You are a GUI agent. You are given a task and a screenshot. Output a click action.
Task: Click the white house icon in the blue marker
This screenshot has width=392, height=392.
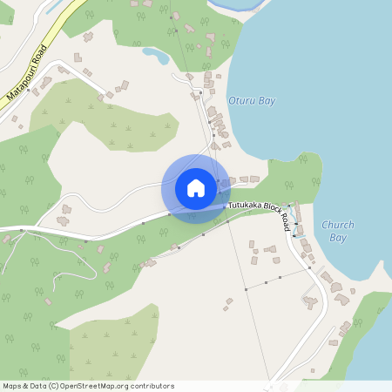click(196, 188)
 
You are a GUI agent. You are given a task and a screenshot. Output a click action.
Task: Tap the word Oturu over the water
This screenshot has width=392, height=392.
click(241, 101)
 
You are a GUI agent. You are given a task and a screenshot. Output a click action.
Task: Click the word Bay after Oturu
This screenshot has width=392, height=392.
click(267, 101)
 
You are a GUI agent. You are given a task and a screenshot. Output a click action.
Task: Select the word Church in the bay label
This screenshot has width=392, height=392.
click(338, 225)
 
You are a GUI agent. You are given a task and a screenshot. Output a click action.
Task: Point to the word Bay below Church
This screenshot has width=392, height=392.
click(338, 237)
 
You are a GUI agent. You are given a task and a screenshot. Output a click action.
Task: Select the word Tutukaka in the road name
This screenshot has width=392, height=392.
click(247, 206)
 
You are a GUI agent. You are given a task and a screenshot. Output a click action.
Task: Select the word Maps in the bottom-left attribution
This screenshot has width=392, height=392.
click(12, 386)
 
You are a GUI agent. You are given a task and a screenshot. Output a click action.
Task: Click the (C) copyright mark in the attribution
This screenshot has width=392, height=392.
click(53, 386)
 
